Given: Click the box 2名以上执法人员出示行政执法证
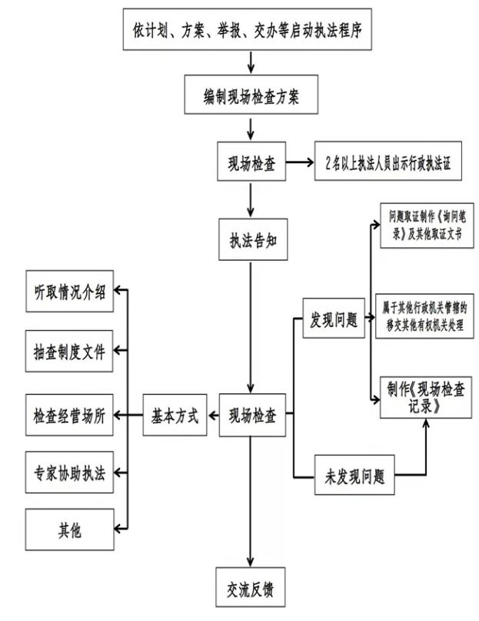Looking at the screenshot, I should point(389,163).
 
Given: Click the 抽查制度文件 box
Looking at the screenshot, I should point(70,355).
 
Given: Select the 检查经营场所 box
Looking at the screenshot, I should point(70,416).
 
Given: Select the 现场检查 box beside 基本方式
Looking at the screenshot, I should point(251,417).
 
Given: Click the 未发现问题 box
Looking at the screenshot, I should point(354,476).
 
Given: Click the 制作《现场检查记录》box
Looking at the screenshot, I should point(421,398).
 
